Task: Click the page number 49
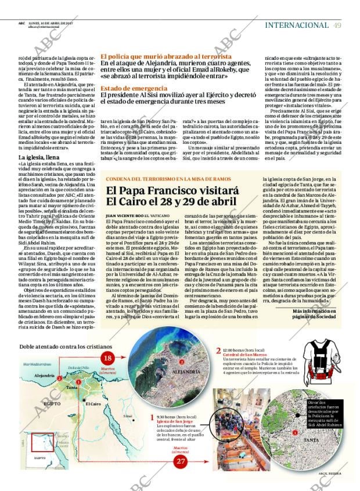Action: point(337,25)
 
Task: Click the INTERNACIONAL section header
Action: point(297,25)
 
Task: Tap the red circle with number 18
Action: point(107,358)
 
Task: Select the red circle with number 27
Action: point(181,461)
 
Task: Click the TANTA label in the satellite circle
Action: point(311,441)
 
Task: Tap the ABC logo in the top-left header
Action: point(21,23)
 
